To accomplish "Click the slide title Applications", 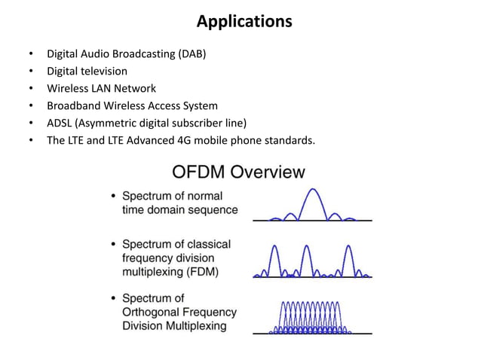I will pos(244,22).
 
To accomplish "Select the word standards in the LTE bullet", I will pos(287,140).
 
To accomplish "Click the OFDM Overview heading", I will pos(239,172).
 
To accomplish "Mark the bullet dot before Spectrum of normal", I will pos(113,197).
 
